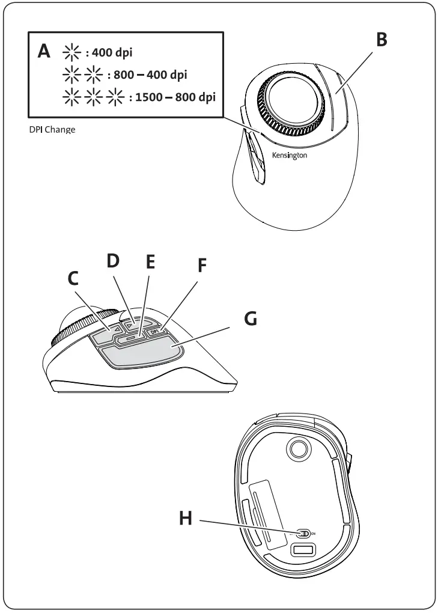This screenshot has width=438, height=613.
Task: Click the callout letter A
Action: pyautogui.click(x=44, y=51)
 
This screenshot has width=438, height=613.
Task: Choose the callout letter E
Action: pyautogui.click(x=150, y=262)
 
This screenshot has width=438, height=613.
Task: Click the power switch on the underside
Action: pyautogui.click(x=305, y=533)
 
